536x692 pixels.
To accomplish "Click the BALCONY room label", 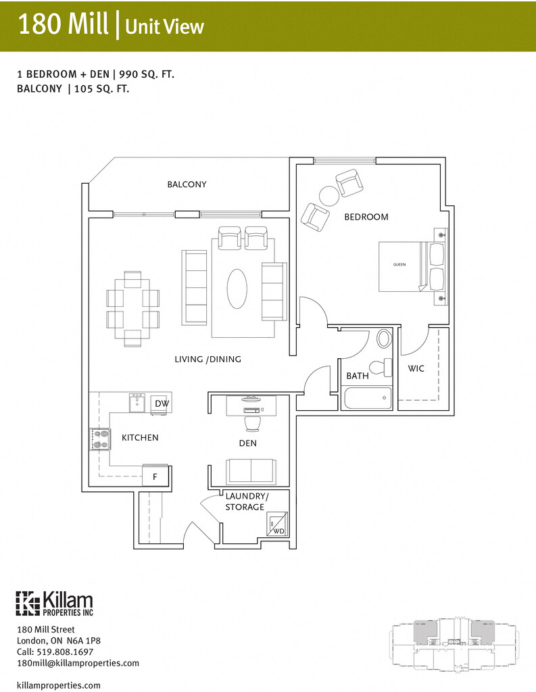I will click(187, 184).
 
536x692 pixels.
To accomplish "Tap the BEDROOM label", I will click(366, 217).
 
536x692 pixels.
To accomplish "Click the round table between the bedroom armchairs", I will click(329, 196).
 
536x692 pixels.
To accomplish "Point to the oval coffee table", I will click(237, 289).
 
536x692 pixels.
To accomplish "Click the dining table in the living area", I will click(132, 307).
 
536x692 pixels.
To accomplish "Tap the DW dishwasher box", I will click(162, 403).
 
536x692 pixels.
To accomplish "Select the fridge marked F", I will click(155, 476).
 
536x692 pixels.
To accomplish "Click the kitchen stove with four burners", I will click(101, 439).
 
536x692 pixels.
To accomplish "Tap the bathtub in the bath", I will click(368, 397).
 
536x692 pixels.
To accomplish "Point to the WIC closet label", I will click(416, 369).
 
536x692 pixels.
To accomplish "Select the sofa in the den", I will click(250, 470).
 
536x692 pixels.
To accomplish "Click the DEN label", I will click(247, 443).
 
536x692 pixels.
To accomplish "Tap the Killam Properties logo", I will click(55, 603).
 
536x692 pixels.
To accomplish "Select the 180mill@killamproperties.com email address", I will click(78, 663).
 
